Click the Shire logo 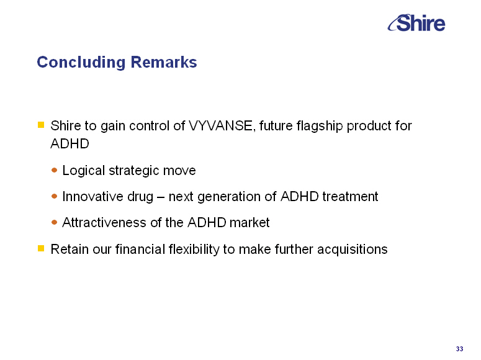[416, 23]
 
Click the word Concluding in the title [81, 62]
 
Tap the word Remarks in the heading [164, 62]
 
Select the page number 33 [459, 349]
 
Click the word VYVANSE [221, 126]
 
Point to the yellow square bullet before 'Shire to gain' [41, 125]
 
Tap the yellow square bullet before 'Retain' [41, 248]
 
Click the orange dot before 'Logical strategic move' [54, 170]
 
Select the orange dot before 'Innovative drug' [54, 196]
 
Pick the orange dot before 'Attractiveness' [54, 222]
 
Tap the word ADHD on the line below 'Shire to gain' [70, 143]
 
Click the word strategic [133, 171]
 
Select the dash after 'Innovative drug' [161, 197]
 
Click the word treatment [350, 196]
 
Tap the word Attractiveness [105, 222]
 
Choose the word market [249, 222]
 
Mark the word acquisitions [353, 250]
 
